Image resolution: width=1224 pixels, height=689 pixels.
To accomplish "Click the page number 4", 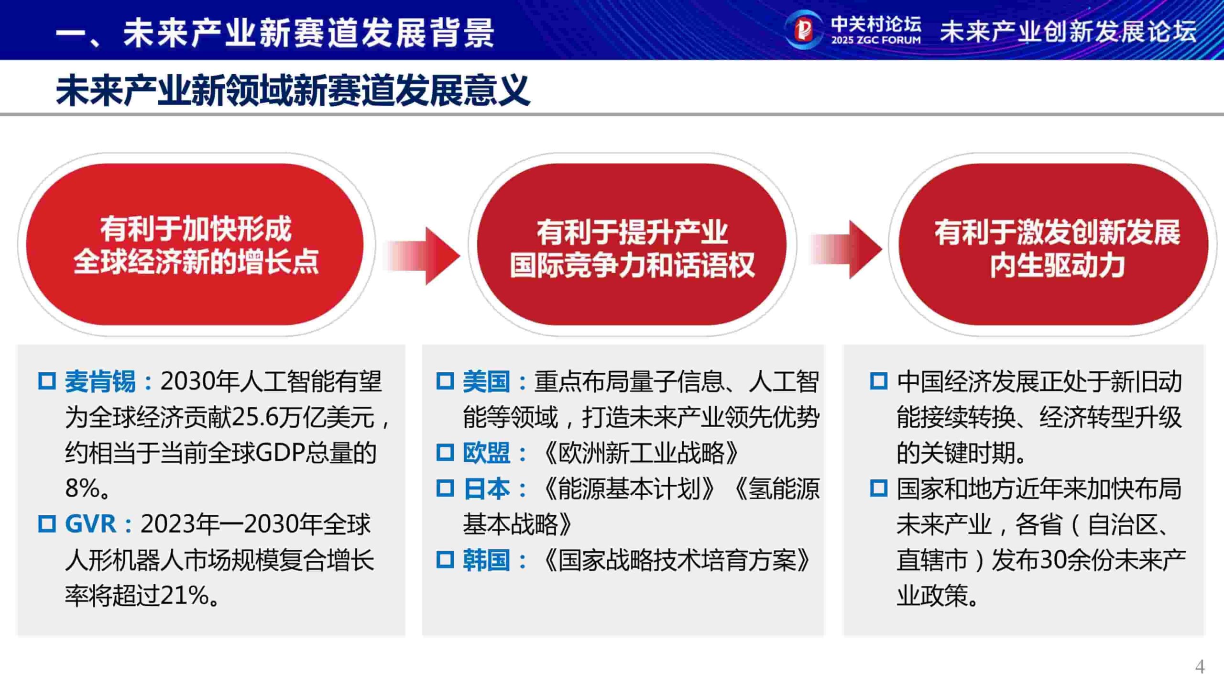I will point(1199,667).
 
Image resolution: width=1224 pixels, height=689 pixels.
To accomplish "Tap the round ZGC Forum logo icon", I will point(804,30).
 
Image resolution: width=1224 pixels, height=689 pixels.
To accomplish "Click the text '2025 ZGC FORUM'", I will point(875,40).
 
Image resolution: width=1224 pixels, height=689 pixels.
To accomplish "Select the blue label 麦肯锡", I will point(100,381).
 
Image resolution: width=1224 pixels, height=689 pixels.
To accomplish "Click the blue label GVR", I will point(90,524).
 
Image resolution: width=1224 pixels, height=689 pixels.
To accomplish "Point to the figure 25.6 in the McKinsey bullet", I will point(256,417).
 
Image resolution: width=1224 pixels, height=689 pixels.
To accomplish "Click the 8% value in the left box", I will point(83,489).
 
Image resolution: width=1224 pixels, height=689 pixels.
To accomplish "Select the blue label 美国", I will point(486,381).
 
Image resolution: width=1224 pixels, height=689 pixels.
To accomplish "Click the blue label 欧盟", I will point(486,453).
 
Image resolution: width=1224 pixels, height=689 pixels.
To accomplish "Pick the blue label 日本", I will point(486,489).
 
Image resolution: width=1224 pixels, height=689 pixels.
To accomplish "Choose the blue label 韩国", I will point(486,560).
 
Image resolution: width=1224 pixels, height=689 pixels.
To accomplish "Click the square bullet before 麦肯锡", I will point(47,381).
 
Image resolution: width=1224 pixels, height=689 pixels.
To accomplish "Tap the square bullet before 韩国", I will point(445,560).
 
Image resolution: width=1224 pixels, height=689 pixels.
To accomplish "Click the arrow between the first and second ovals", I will point(423,256).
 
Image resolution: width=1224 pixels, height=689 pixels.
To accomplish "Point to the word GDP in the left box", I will point(279,453).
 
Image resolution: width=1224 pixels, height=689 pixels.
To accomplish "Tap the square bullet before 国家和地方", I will point(878,489).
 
